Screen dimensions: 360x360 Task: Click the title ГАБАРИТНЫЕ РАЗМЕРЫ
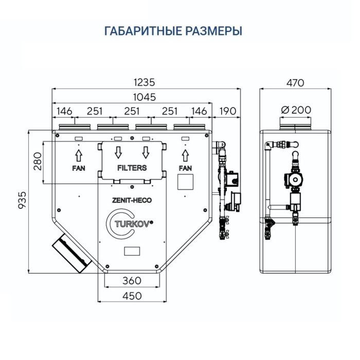pyautogui.click(x=173, y=31)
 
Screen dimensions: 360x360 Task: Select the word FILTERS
pyautogui.click(x=132, y=168)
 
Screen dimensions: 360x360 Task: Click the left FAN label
pyautogui.click(x=78, y=168)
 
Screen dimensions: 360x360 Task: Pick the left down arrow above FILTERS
pyautogui.click(x=118, y=152)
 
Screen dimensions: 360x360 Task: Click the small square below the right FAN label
pyautogui.click(x=185, y=182)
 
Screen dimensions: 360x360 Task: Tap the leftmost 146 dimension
pyautogui.click(x=64, y=111)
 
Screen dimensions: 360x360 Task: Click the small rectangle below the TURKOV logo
pyautogui.click(x=132, y=250)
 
